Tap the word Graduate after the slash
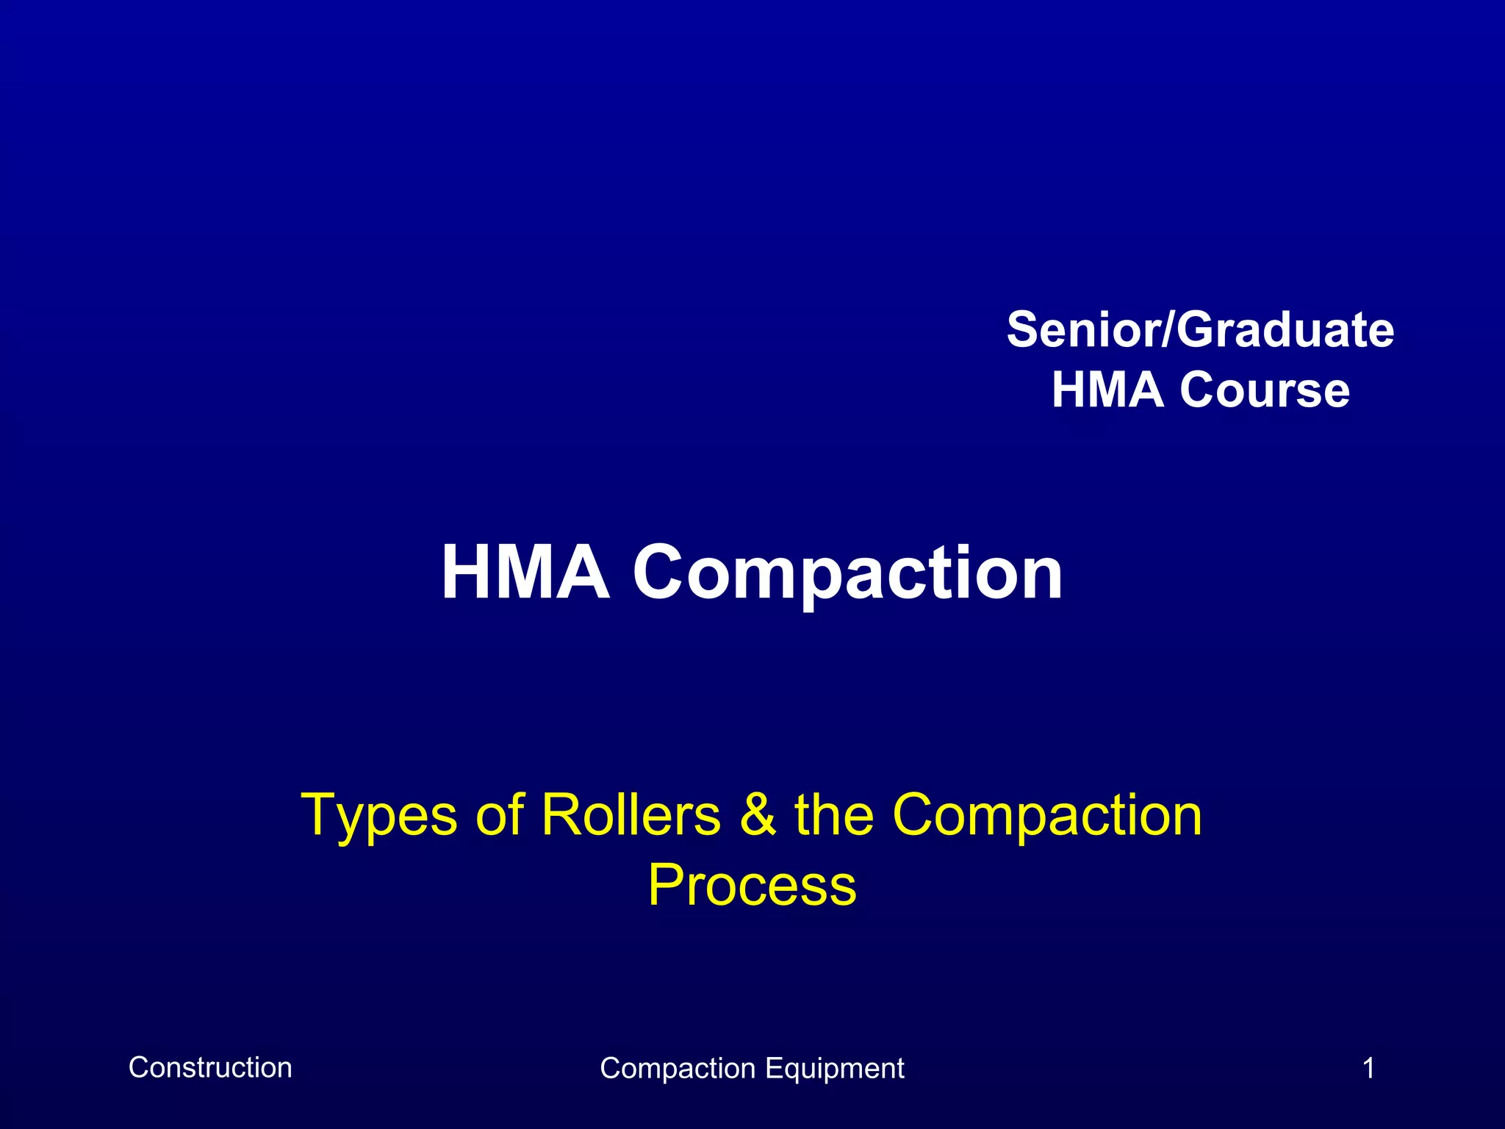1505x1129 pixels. coord(1286,329)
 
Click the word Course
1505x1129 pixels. coord(1265,390)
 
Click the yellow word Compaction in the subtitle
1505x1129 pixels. coord(1047,816)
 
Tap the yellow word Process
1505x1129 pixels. coord(752,885)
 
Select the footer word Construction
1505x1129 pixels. coord(210,1067)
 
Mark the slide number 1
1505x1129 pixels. coord(1368,1068)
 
